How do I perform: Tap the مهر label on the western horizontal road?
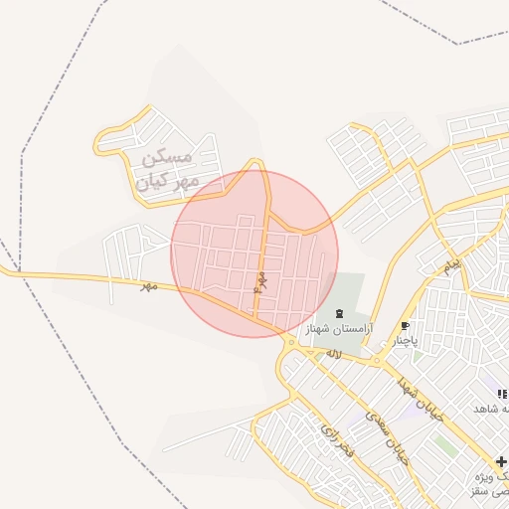pyautogui.click(x=148, y=285)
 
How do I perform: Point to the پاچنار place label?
pyautogui.click(x=406, y=341)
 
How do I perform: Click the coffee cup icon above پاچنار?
pyautogui.click(x=405, y=326)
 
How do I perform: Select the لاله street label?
pyautogui.click(x=333, y=353)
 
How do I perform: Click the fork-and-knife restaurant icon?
pyautogui.click(x=502, y=395)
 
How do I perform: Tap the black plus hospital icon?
pyautogui.click(x=501, y=462)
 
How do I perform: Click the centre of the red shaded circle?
pyautogui.click(x=254, y=254)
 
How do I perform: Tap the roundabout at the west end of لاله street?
pyautogui.click(x=289, y=344)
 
